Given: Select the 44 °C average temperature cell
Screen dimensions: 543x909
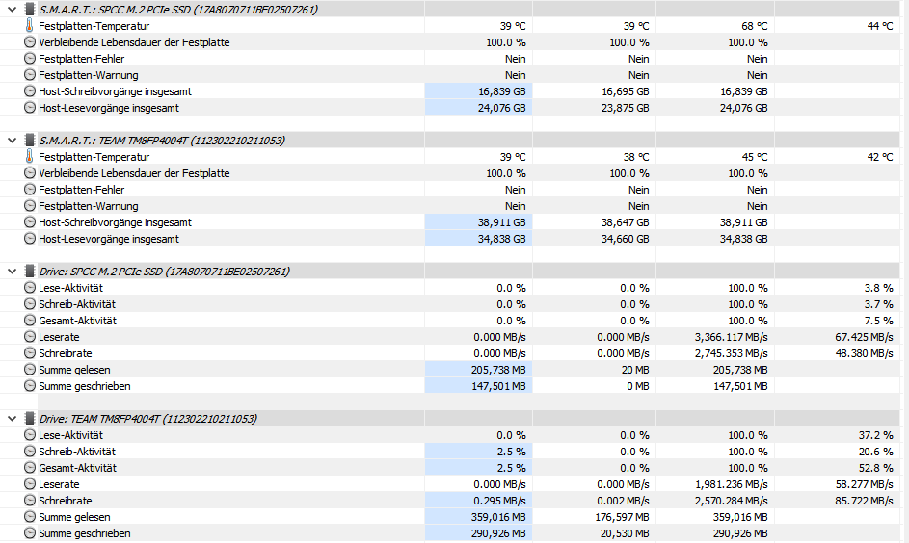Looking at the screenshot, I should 879,26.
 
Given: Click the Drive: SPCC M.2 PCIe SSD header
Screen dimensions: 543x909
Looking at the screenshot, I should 164,271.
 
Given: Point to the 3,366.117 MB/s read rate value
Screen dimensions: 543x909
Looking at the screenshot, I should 731,337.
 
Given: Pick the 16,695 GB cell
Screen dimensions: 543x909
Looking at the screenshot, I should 625,91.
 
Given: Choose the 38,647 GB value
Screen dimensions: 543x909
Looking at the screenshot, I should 625,222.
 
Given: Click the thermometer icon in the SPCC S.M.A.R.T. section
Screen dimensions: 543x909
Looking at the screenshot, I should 29,26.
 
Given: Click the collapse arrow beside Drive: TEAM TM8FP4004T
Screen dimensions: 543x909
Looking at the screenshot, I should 11,419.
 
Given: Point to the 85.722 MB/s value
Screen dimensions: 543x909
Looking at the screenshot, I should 864,501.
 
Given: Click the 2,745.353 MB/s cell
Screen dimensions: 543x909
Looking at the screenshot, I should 731,353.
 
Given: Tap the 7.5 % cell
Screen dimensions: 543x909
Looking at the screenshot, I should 878,321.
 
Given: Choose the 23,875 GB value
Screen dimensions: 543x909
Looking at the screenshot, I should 625,108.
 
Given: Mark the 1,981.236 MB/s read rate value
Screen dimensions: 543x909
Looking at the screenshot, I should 731,484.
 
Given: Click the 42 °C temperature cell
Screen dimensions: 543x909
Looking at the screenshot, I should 879,157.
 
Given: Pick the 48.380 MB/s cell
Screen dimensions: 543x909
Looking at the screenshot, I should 864,353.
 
